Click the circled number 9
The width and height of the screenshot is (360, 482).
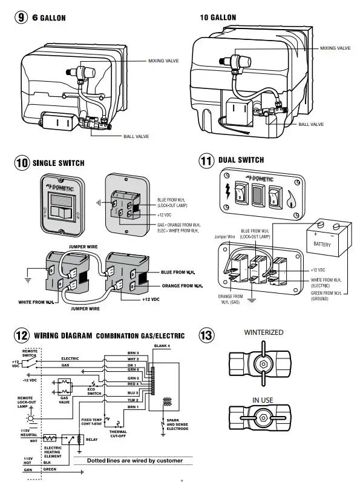coord(22,18)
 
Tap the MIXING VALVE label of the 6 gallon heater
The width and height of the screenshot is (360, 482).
coord(163,61)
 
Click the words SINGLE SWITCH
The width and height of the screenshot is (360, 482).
coord(58,163)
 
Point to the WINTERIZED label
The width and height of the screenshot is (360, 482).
coord(263,333)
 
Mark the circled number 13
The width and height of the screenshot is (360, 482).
coord(206,335)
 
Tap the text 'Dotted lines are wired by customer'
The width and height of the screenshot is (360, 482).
coord(134,461)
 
